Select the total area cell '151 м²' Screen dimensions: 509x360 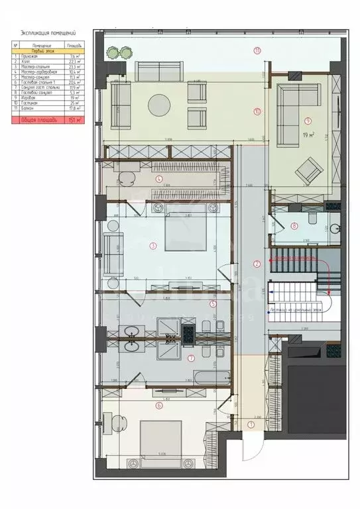pos(74,120)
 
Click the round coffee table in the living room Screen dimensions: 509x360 pos(162,105)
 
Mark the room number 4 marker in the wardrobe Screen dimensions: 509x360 pos(158,178)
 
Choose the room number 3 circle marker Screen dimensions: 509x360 pos(153,247)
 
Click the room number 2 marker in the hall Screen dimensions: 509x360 pos(258,264)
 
